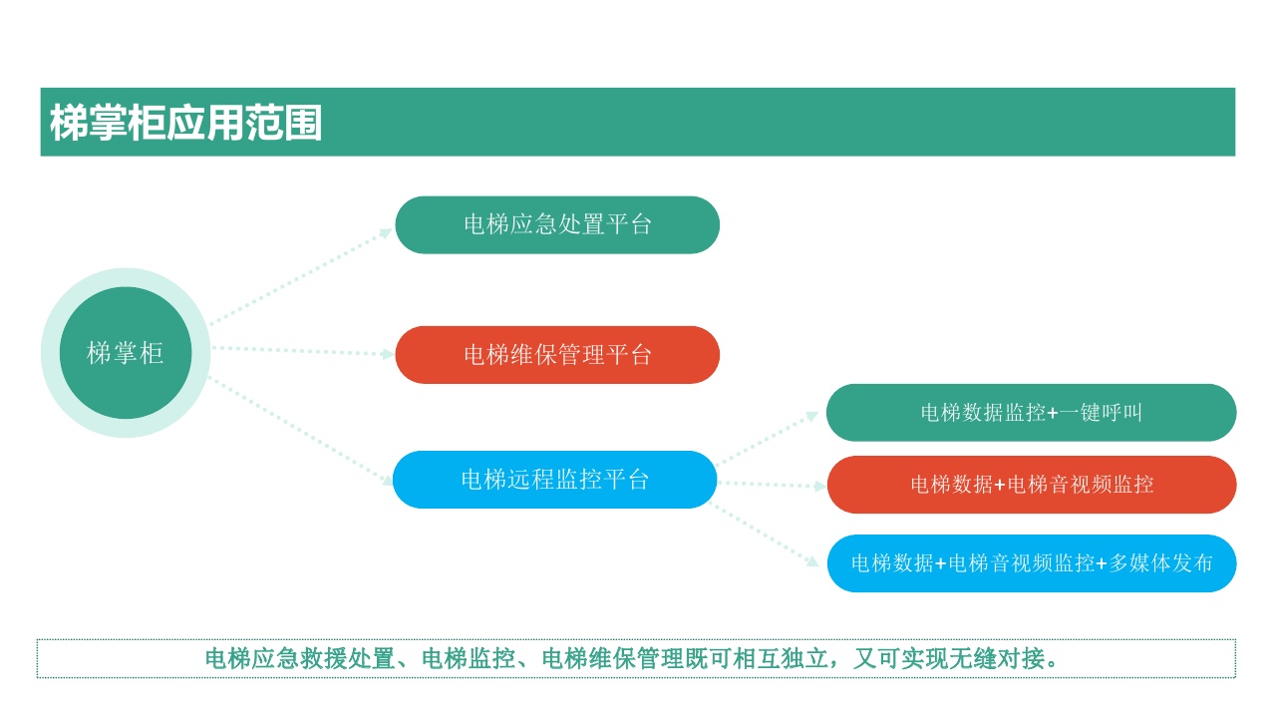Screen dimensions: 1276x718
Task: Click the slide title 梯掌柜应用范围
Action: pyautogui.click(x=185, y=123)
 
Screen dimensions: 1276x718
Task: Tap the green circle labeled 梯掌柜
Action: pyautogui.click(x=126, y=353)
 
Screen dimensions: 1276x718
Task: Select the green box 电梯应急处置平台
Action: pyautogui.click(x=557, y=224)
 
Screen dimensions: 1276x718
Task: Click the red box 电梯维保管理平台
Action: pyautogui.click(x=557, y=354)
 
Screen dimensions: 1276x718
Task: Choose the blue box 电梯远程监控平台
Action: pyautogui.click(x=555, y=480)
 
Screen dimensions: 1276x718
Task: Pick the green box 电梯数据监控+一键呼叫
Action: pyautogui.click(x=1031, y=412)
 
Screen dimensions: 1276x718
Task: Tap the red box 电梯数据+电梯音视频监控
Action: pyautogui.click(x=1032, y=485)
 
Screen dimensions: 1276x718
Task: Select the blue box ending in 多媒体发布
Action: pyautogui.click(x=1032, y=563)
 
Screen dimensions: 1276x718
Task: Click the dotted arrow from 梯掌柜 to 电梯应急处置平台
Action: pyautogui.click(x=301, y=276)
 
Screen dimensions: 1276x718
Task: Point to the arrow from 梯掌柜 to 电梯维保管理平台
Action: pyautogui.click(x=302, y=351)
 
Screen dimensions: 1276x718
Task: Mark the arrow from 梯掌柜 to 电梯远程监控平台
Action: pyautogui.click(x=301, y=431)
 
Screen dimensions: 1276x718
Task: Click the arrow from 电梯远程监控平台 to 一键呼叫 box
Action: pyautogui.click(x=768, y=438)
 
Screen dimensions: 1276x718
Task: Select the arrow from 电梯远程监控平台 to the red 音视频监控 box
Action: pyautogui.click(x=772, y=485)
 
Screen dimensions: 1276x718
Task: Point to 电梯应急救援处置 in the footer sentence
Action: pyautogui.click(x=300, y=658)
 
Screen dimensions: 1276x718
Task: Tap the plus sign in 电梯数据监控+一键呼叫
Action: pyautogui.click(x=1052, y=413)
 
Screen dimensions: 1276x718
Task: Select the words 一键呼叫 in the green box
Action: pyautogui.click(x=1101, y=412)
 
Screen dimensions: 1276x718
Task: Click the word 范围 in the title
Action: pyautogui.click(x=284, y=123)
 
